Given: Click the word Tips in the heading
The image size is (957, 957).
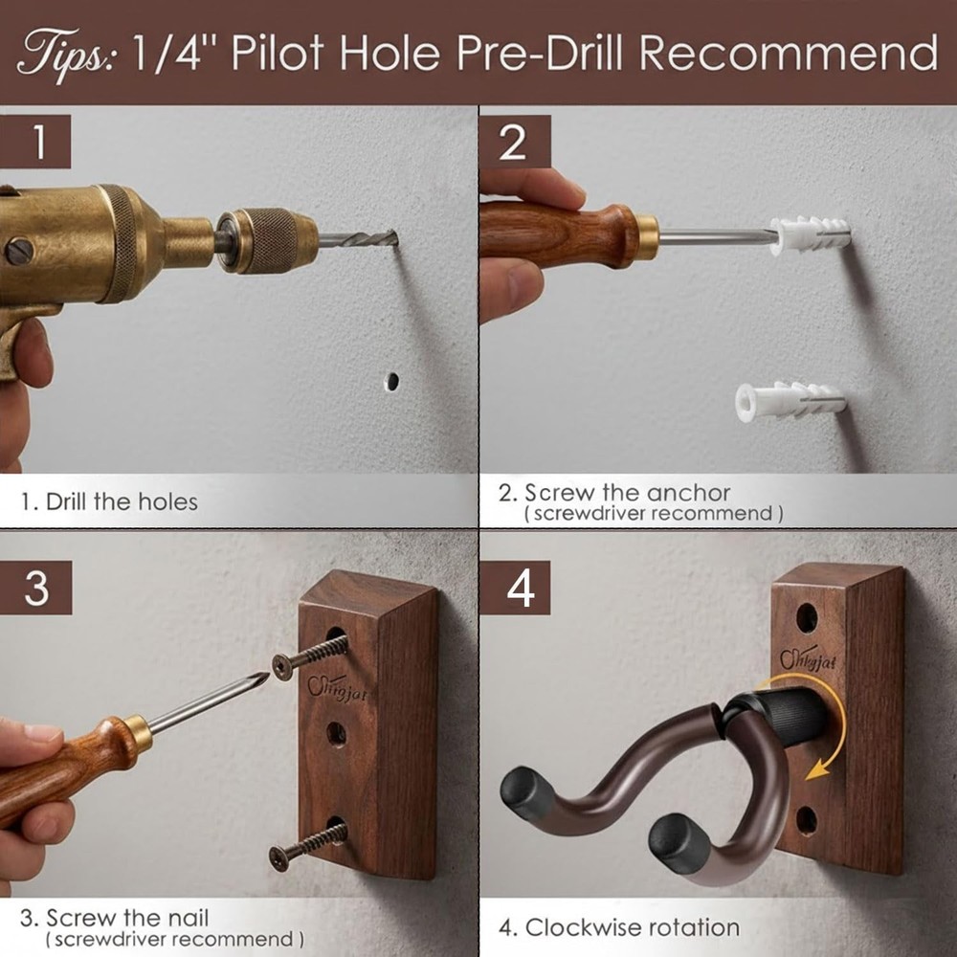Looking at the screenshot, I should pyautogui.click(x=65, y=52).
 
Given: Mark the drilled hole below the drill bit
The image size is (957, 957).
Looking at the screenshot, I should pyautogui.click(x=391, y=380).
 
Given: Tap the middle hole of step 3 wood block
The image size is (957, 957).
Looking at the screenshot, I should pyautogui.click(x=336, y=735).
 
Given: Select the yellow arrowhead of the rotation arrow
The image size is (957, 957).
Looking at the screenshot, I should pyautogui.click(x=814, y=771).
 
